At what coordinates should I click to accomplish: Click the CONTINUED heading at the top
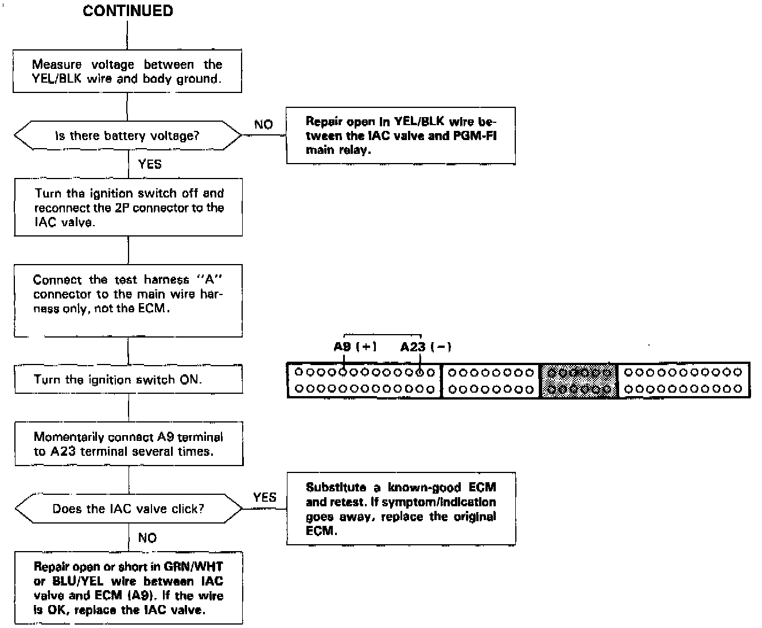(127, 11)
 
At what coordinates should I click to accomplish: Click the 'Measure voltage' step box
(127, 71)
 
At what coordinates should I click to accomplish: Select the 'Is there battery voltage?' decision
(127, 136)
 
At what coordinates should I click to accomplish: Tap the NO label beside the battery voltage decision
(263, 125)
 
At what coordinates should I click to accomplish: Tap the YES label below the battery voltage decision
(150, 164)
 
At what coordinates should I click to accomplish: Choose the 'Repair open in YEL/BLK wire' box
(401, 135)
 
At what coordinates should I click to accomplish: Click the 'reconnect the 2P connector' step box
(129, 207)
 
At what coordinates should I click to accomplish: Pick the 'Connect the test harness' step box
(129, 300)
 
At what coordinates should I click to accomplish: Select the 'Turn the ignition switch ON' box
(129, 379)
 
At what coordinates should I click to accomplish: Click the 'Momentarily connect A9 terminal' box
(129, 444)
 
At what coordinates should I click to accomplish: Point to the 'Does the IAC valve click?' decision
(129, 509)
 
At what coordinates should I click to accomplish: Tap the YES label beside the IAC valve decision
(265, 497)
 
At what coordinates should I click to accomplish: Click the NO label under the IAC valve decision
(147, 538)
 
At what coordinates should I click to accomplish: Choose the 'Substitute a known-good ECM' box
(401, 509)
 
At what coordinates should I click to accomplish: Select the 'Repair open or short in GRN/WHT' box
(129, 588)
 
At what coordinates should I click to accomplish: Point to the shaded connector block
(579, 381)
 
